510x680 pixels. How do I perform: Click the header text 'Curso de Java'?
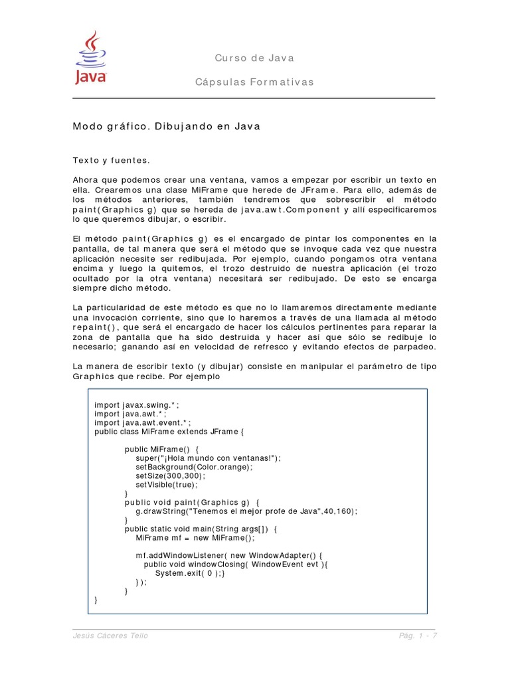pos(254,58)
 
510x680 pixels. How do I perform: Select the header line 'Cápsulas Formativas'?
pos(254,82)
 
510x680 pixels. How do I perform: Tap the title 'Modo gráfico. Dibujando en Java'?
pos(167,126)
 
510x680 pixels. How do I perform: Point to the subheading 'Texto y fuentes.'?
pos(112,160)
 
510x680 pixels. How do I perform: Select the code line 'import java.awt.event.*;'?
pos(143,422)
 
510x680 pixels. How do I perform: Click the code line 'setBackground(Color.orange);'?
pos(194,467)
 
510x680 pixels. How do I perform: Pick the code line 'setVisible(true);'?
pos(167,485)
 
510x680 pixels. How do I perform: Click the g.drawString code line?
pos(246,511)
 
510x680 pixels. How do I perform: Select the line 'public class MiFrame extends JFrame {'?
pos(170,431)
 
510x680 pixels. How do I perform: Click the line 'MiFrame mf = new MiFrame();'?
pos(195,538)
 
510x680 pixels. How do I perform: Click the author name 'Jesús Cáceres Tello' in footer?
pos(110,636)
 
